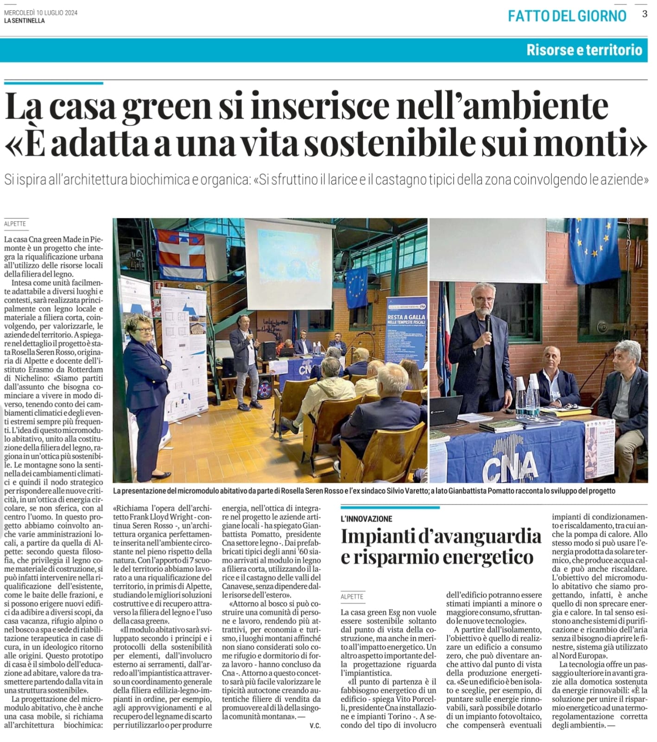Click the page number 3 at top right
(644, 14)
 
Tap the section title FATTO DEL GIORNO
(567, 16)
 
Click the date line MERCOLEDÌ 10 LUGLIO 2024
(41, 13)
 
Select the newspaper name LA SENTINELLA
(25, 21)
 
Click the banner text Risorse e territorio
(584, 50)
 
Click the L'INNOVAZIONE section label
(366, 519)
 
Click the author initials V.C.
(315, 726)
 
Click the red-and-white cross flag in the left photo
(181, 253)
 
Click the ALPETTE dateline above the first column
(15, 224)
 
